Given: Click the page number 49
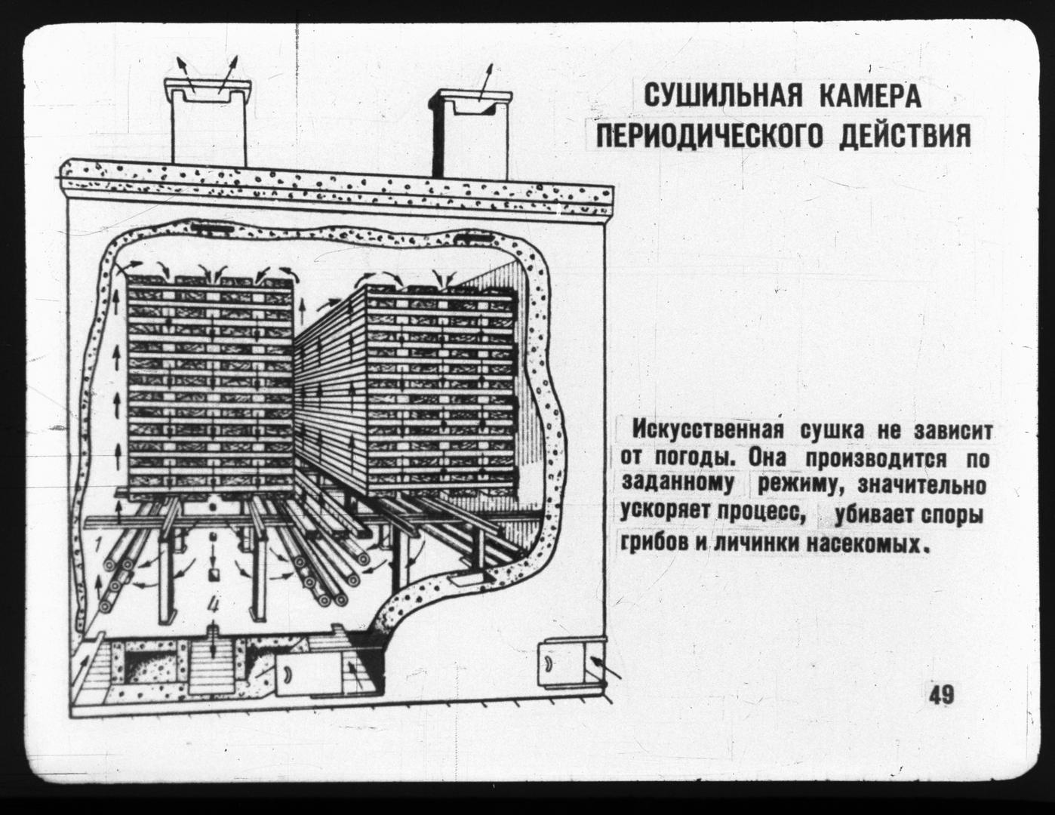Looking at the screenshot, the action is pyautogui.click(x=941, y=696).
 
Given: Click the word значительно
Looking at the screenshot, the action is pyautogui.click(x=921, y=487).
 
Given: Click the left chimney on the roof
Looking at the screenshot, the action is pyautogui.click(x=209, y=123).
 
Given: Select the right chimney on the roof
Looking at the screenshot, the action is pyautogui.click(x=470, y=134).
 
